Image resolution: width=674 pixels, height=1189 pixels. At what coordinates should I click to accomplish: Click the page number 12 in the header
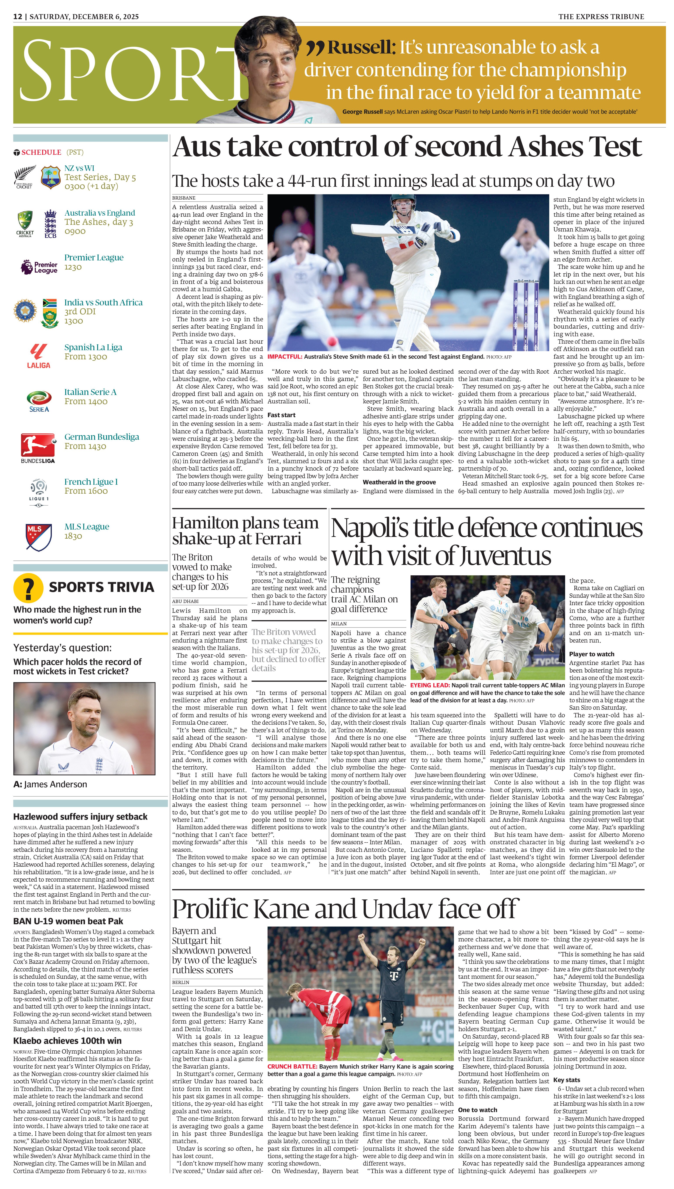click(18, 17)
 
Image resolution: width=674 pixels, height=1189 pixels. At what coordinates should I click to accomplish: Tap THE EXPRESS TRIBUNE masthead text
click(601, 17)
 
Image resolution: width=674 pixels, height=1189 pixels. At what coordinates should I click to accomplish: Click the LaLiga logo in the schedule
click(38, 356)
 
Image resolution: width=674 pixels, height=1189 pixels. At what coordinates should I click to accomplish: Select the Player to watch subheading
click(592, 654)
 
